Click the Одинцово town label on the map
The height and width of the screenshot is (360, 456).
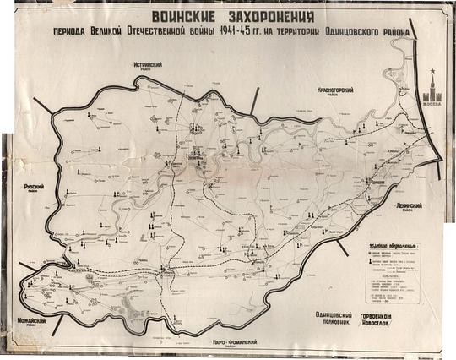pos(377,182)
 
